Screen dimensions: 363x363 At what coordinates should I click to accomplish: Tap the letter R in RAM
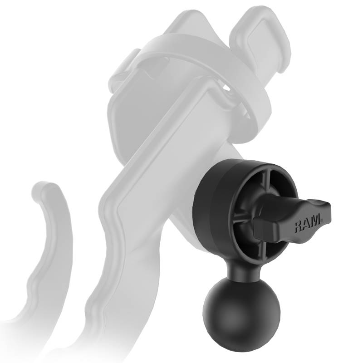299,226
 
